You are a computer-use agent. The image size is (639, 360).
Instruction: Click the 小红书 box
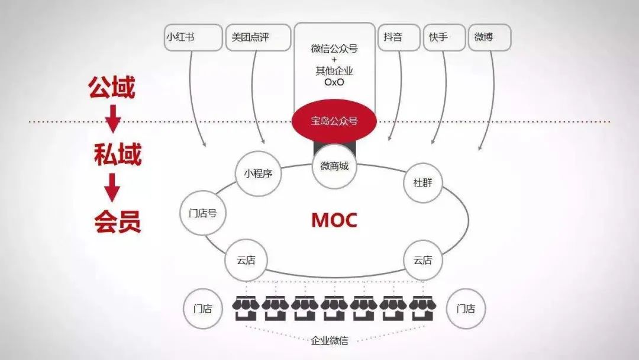coord(193,37)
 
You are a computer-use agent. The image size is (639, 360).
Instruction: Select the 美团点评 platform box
coord(259,37)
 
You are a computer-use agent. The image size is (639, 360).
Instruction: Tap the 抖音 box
coord(399,37)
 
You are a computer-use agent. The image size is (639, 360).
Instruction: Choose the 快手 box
coord(444,37)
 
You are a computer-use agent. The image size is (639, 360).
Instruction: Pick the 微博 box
coord(489,37)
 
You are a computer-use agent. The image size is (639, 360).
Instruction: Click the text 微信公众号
coord(334,49)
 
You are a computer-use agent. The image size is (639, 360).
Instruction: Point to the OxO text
coord(334,82)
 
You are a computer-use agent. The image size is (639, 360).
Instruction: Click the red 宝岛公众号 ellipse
coord(334,121)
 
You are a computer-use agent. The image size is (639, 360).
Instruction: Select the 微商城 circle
coord(334,166)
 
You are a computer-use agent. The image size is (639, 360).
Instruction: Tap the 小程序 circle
coord(259,173)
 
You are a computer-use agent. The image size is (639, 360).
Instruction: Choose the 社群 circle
coord(422,182)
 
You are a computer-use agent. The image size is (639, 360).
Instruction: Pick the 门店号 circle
coord(202,213)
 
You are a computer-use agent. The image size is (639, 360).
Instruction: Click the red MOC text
coord(334,220)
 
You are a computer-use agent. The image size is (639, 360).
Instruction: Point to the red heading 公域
coord(112,87)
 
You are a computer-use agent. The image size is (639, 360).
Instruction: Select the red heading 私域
coord(117,155)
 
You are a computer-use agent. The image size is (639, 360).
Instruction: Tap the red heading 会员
coord(117,221)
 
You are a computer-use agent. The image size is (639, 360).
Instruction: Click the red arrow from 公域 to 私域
coord(113,118)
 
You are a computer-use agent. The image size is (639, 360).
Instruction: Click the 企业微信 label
coord(330,340)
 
